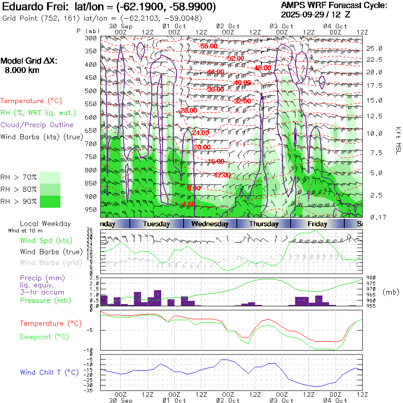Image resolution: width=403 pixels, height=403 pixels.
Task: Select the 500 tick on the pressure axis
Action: (x=91, y=91)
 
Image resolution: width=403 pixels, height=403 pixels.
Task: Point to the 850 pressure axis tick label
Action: (x=91, y=184)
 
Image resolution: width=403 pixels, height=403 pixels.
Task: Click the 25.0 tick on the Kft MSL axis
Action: (x=374, y=48)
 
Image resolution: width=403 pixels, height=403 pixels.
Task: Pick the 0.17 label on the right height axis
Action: (x=374, y=217)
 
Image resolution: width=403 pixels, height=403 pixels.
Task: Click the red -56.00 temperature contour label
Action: (x=209, y=46)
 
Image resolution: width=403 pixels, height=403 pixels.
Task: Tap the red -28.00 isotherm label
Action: (x=189, y=110)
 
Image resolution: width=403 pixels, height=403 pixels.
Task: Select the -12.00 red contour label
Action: (x=222, y=175)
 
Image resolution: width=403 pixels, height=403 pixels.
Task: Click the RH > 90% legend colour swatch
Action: (x=50, y=201)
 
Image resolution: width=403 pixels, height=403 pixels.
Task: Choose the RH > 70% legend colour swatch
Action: (x=50, y=177)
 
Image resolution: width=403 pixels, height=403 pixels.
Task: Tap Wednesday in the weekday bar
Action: (x=210, y=224)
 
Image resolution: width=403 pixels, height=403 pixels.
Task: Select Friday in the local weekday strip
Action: (x=318, y=224)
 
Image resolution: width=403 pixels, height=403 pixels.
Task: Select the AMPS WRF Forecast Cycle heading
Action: (x=334, y=5)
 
